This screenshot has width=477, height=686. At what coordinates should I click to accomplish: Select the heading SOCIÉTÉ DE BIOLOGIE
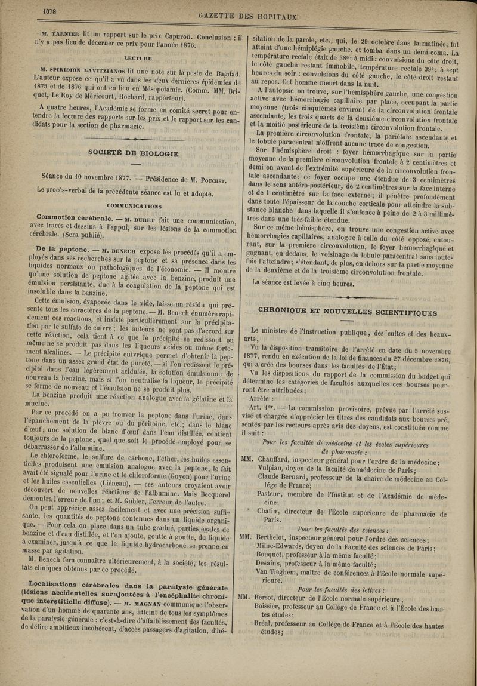(x=133, y=153)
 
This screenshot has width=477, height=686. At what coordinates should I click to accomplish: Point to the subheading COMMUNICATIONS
(x=134, y=206)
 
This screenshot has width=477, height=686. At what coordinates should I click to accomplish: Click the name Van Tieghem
(x=280, y=571)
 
